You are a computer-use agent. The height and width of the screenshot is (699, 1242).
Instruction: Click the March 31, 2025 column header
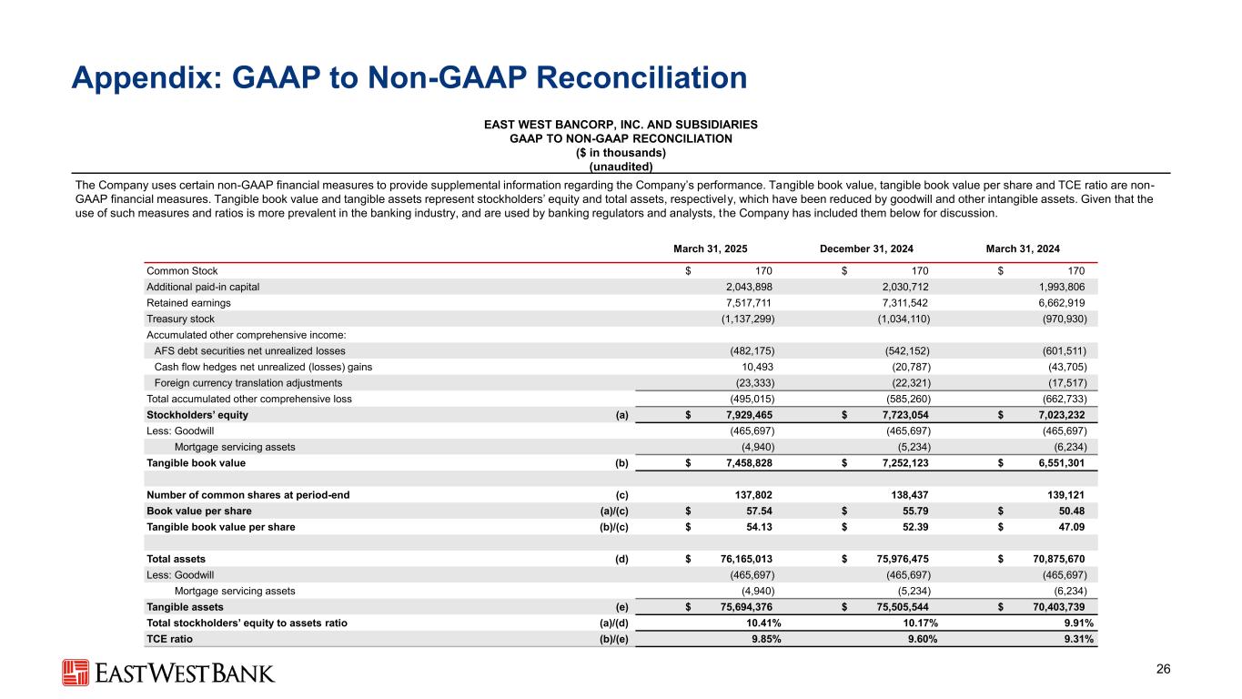pos(711,248)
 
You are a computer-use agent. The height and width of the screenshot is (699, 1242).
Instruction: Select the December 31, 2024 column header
pos(866,248)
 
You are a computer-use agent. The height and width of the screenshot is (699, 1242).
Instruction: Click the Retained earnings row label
pos(177,302)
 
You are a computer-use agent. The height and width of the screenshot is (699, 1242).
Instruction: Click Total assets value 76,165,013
pos(738,559)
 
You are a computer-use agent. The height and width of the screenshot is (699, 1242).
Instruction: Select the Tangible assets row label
pos(185,607)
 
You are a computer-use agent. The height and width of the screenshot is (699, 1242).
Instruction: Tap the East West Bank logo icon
pos(75,673)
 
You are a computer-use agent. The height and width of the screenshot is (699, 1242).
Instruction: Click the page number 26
pos(1162,670)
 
